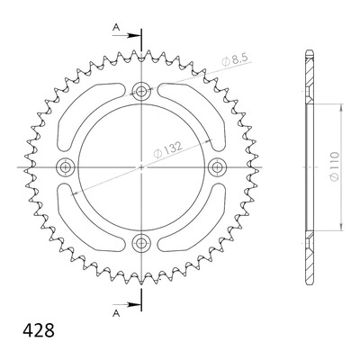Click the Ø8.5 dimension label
pyautogui.click(x=234, y=60)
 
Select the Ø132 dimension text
pyautogui.click(x=167, y=150)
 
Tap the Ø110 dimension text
pyautogui.click(x=335, y=166)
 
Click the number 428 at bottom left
pyautogui.click(x=39, y=330)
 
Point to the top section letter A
pyautogui.click(x=116, y=28)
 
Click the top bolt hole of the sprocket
pyautogui.click(x=141, y=91)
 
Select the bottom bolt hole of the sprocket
pyautogui.click(x=141, y=243)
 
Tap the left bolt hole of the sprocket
pyautogui.click(x=65, y=167)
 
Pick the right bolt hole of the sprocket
pyautogui.click(x=217, y=167)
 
